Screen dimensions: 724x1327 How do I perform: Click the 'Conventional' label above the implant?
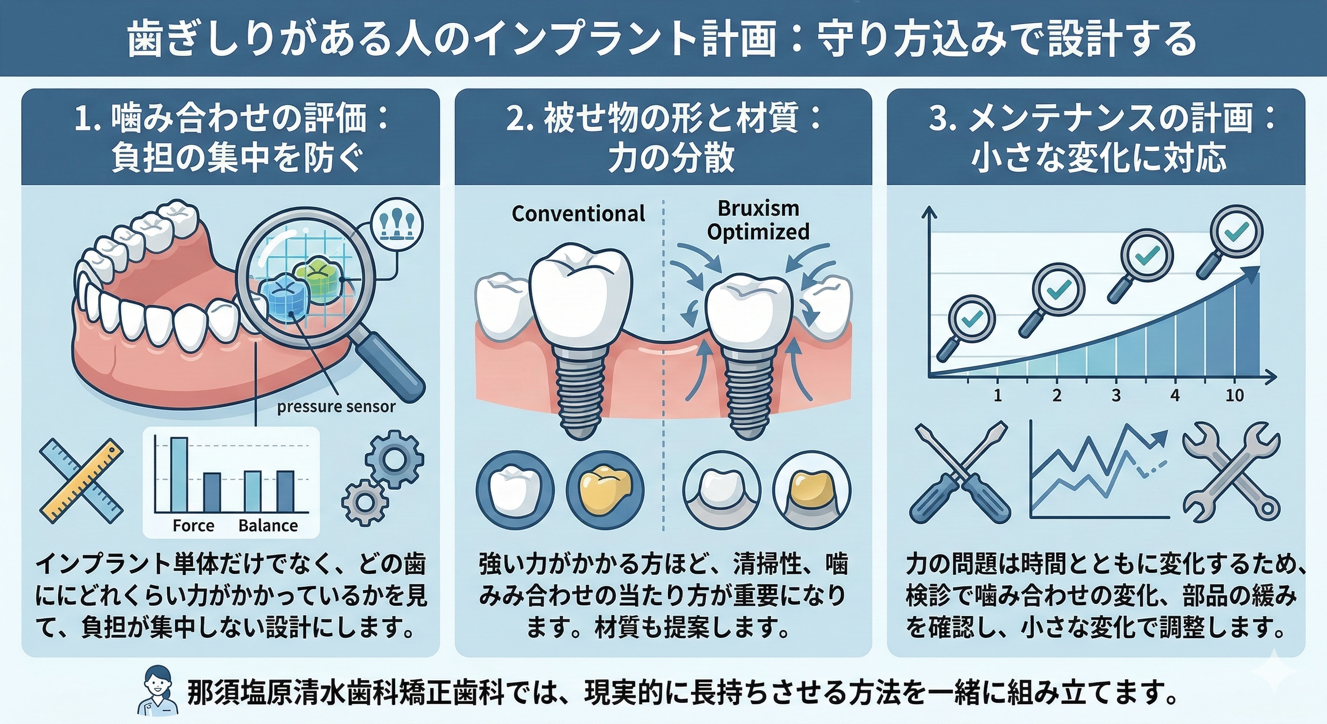click(578, 214)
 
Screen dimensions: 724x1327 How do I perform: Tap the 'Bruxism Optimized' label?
click(758, 221)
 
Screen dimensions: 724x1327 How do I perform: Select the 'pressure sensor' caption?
click(336, 407)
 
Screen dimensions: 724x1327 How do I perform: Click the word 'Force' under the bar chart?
click(193, 526)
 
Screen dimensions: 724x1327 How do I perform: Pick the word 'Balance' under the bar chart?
click(268, 526)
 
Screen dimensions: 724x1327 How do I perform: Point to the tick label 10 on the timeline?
click(1234, 396)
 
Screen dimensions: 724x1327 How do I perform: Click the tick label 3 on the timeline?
click(1116, 396)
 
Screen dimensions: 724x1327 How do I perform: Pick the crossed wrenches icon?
click(1231, 479)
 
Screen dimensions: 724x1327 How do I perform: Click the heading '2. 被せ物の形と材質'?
click(663, 118)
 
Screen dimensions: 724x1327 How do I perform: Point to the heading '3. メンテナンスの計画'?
click(1101, 118)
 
